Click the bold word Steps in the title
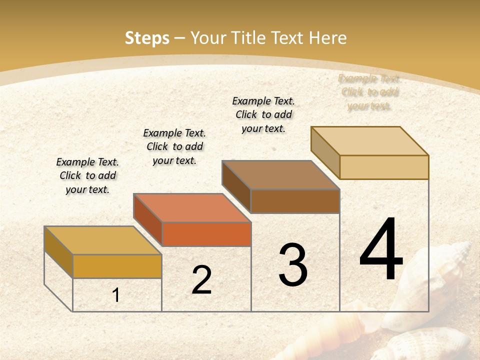coord(147,38)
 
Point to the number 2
coord(202,280)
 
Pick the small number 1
coord(116,295)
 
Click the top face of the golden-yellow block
coord(102,240)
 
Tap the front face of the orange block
coord(206,234)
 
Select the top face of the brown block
coord(280,175)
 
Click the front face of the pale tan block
coord(384,167)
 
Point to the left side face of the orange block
coord(147,219)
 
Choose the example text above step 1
coord(87,176)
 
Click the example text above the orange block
coord(174,146)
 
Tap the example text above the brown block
coord(263,114)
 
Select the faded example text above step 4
coord(369,92)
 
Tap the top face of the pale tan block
coord(369,140)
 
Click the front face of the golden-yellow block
coord(117,266)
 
